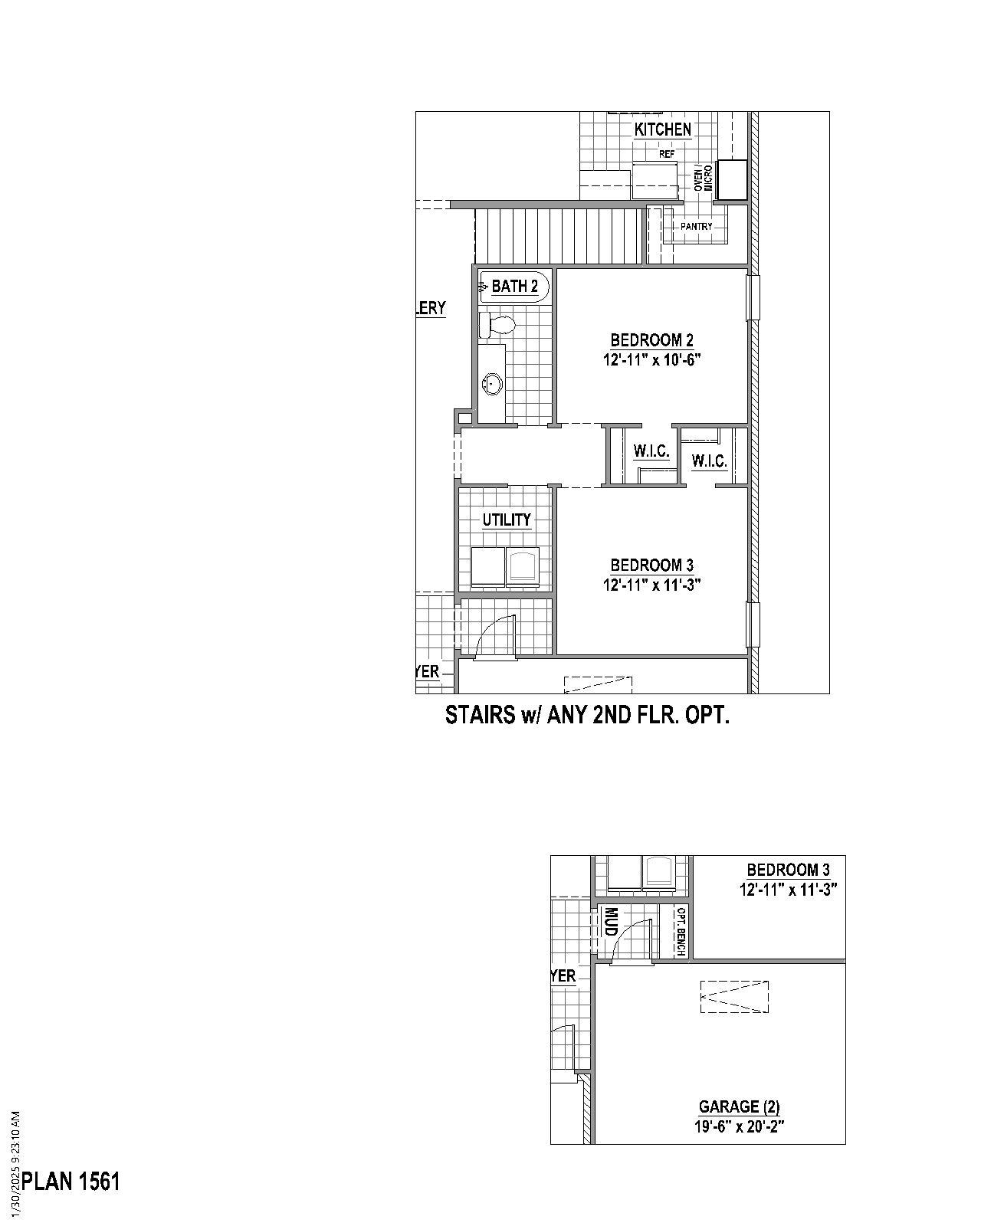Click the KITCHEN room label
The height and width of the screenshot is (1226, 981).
tap(662, 129)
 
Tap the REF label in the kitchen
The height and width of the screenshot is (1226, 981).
tap(667, 154)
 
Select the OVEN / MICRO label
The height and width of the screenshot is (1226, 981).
tap(703, 179)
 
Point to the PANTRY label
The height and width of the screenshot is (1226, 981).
tap(696, 227)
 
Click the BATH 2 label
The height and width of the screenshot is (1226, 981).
tap(514, 287)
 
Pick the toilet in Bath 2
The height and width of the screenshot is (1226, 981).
tap(497, 325)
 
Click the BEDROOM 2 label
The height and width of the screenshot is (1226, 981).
tap(651, 339)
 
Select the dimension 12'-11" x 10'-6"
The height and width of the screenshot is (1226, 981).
tap(652, 359)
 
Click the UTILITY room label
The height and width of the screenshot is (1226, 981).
tap(506, 520)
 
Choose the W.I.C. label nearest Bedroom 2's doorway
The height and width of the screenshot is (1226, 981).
tap(651, 451)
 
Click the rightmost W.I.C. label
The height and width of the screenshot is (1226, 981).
tap(709, 461)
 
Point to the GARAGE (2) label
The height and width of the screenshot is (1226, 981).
tap(739, 1106)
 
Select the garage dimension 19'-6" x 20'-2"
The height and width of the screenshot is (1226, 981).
tap(740, 1126)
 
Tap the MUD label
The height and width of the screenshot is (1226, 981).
tap(611, 921)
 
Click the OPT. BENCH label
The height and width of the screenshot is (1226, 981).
tap(680, 932)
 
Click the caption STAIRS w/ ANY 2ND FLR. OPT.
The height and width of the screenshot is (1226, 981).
tap(587, 716)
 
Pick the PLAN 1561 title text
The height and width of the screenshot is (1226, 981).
tap(71, 1182)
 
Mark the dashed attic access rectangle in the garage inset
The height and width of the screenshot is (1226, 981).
tap(734, 997)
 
